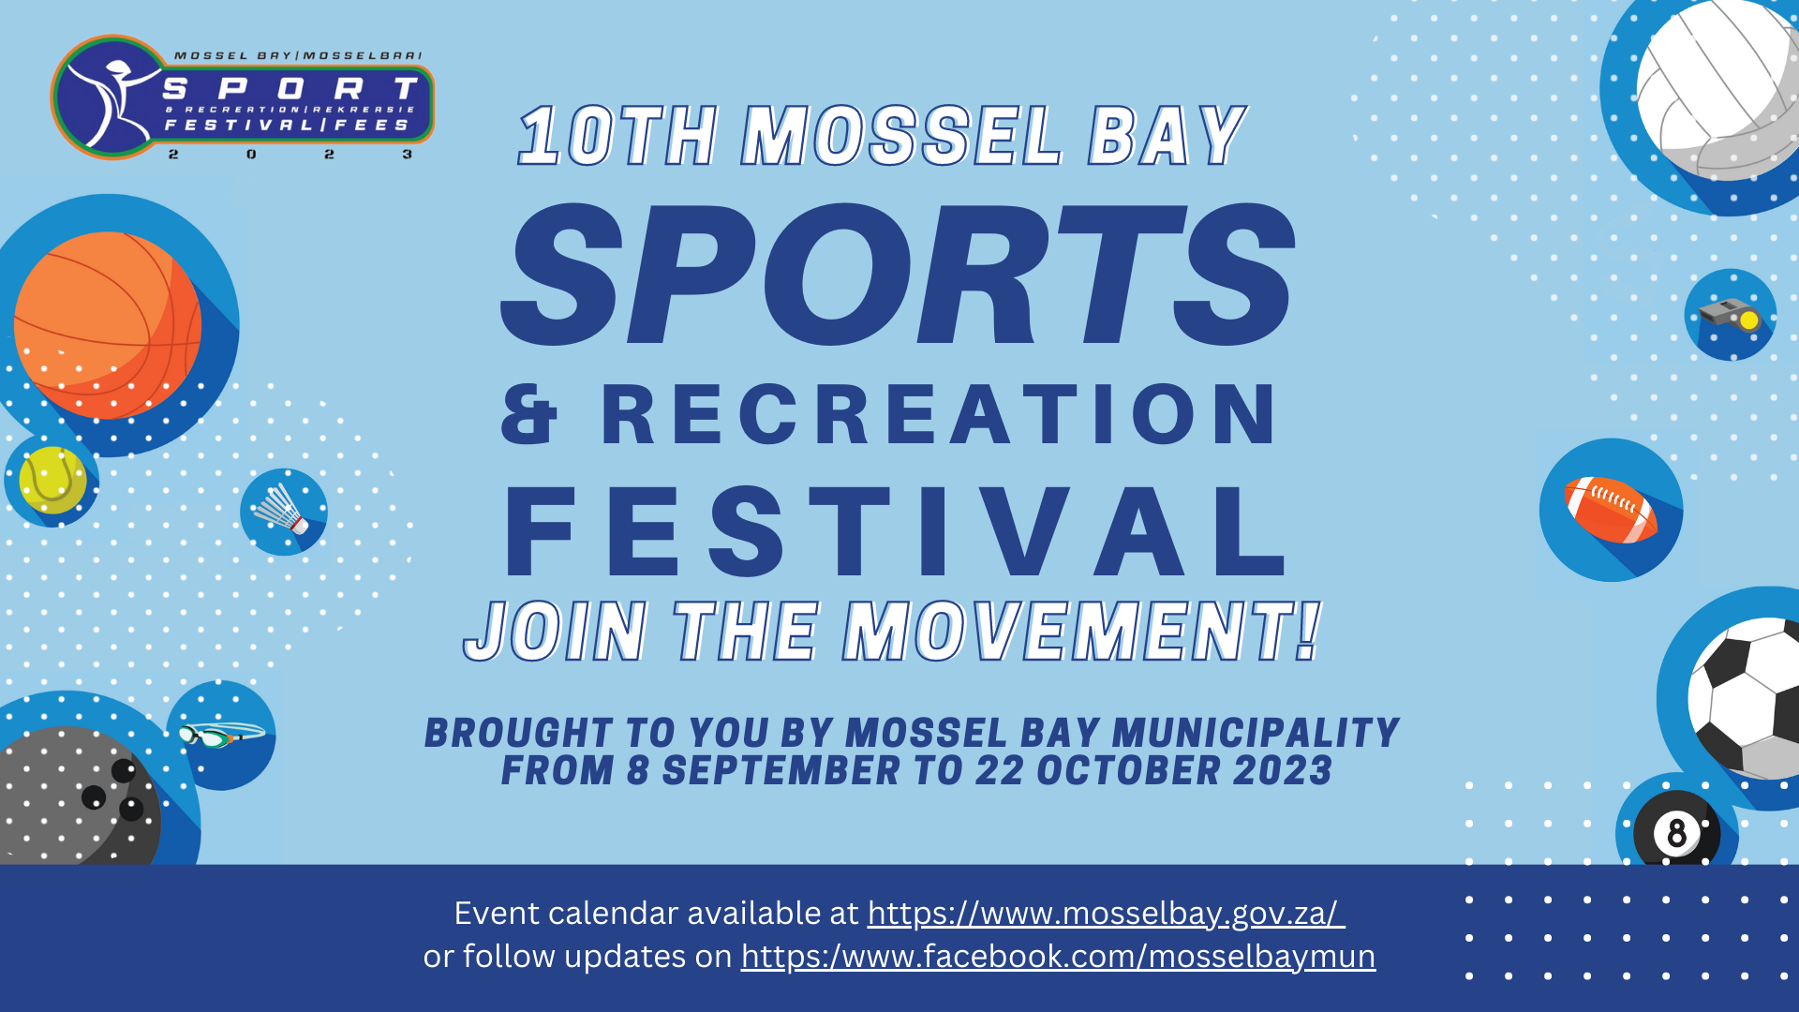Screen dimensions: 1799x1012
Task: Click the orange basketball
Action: coord(108,325)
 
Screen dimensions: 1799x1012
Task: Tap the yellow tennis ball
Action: coord(52,480)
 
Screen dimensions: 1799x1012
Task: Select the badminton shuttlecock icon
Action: coord(281,511)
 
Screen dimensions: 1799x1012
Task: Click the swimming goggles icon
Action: coord(222,736)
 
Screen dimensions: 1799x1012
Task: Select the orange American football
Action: coord(1610,510)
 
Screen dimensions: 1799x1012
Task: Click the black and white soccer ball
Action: coord(1744,697)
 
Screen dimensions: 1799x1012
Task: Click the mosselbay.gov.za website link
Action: coord(1106,914)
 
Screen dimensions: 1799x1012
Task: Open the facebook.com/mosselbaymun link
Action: coord(1058,957)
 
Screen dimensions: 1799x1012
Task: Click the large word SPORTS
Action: coord(898,274)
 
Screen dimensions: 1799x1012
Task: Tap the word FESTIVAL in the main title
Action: coord(895,531)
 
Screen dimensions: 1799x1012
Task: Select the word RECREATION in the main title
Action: coord(939,413)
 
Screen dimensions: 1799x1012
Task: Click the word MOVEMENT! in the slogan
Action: coord(1082,632)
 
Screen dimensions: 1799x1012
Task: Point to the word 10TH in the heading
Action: coord(618,136)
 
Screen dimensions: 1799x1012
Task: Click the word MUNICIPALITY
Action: coord(1256,733)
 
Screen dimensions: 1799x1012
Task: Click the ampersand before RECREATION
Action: coord(529,414)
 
